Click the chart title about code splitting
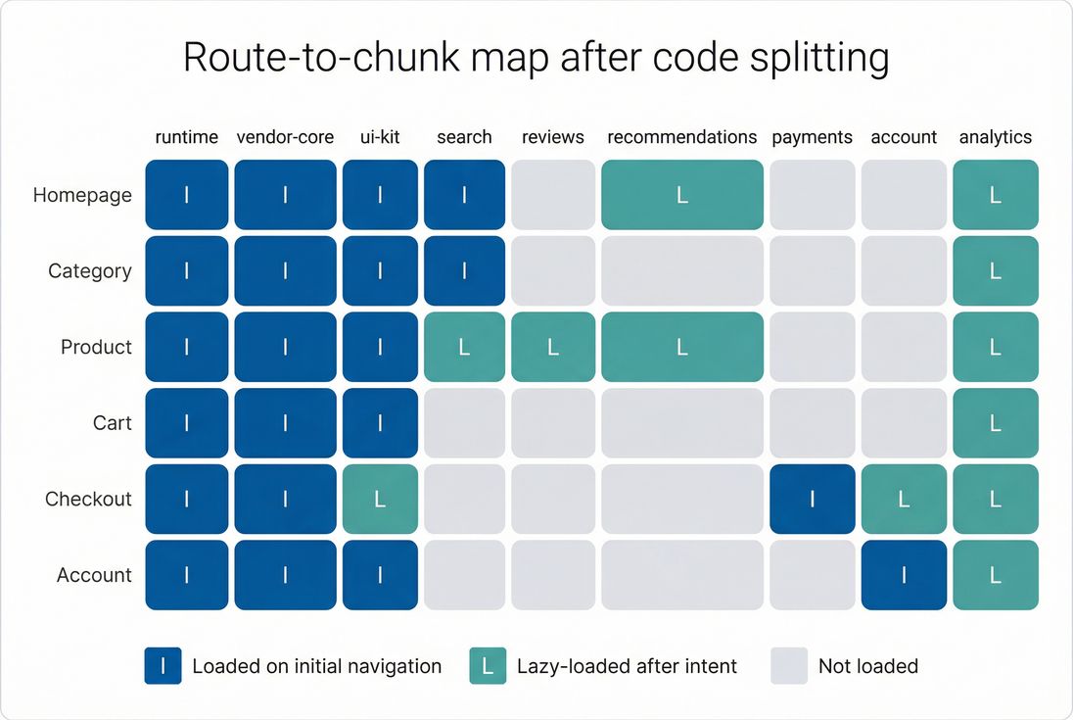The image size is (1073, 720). click(x=536, y=59)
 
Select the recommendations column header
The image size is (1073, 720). click(x=681, y=137)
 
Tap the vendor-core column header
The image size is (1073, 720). click(x=285, y=137)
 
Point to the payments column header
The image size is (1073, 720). click(x=812, y=137)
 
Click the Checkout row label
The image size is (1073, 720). click(x=88, y=499)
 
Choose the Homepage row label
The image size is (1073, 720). click(x=82, y=195)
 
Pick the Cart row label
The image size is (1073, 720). click(x=112, y=423)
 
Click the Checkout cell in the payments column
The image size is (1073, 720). click(x=812, y=500)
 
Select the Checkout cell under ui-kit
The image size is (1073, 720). click(x=380, y=500)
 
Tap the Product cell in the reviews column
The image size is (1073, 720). click(x=552, y=348)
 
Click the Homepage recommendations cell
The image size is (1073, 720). click(x=681, y=195)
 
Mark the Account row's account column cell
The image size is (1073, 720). click(x=904, y=575)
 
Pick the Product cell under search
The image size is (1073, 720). click(x=464, y=348)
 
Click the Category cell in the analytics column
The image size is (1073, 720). click(x=995, y=271)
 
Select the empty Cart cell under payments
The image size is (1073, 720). click(x=812, y=423)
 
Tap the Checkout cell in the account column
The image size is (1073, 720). click(x=904, y=500)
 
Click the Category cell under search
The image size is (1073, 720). click(x=464, y=271)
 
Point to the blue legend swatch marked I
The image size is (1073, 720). click(x=163, y=666)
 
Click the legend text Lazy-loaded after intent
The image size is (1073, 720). click(x=627, y=666)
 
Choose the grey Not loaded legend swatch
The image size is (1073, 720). click(x=789, y=666)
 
